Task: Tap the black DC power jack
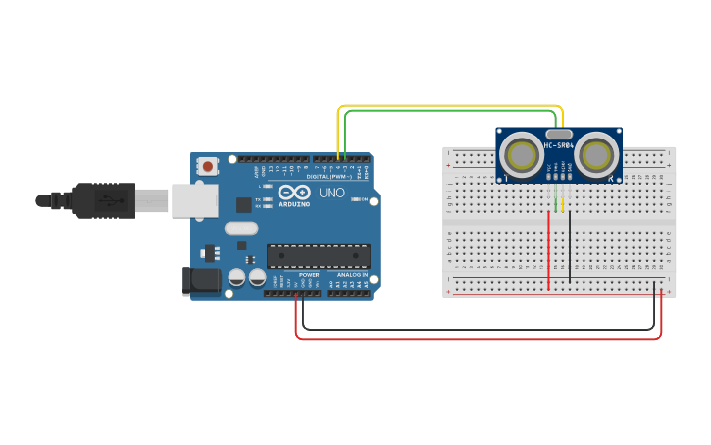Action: (202, 281)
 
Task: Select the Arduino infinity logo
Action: (293, 192)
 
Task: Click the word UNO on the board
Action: (330, 193)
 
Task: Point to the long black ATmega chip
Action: (318, 255)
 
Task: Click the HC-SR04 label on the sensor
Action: (558, 146)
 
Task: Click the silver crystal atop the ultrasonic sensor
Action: (558, 133)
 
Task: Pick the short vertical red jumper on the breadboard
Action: (548, 250)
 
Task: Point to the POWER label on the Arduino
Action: (309, 275)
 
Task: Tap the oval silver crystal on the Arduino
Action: (240, 228)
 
